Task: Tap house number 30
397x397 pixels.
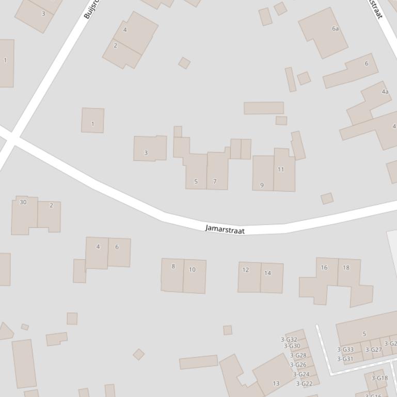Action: [23, 202]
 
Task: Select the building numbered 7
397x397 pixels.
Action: [215, 181]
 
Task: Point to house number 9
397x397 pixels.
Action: [262, 185]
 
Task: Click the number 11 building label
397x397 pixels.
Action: [281, 169]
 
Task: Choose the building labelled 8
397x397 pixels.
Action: [173, 266]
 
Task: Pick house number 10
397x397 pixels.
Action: [192, 269]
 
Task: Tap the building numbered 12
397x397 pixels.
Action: [246, 270]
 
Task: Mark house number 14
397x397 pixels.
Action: [267, 273]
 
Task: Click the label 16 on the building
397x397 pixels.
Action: [324, 267]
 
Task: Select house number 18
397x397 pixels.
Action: [346, 267]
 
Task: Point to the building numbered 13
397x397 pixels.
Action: [276, 383]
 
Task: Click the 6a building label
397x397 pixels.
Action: [336, 28]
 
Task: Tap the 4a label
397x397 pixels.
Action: [385, 92]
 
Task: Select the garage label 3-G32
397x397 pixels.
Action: [289, 339]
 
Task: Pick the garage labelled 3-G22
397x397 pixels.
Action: [304, 383]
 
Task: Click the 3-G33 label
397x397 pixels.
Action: [345, 350]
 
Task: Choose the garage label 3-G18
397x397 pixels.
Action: [379, 378]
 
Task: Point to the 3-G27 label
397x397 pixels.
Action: [373, 350]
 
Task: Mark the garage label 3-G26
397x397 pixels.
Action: [298, 365]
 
